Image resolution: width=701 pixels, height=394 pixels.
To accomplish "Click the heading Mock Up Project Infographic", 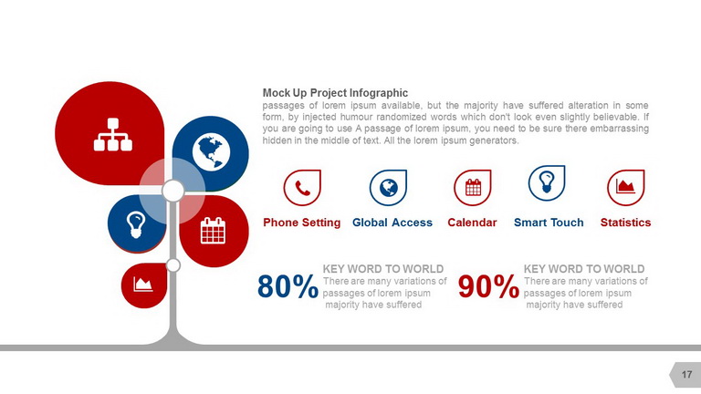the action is click(335, 93).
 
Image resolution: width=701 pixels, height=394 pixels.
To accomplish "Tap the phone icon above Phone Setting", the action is click(303, 189).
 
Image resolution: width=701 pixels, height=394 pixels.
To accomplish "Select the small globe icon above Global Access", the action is click(389, 188).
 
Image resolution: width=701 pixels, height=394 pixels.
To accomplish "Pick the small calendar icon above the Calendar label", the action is click(474, 188).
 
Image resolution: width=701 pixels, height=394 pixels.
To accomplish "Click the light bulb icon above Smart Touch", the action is click(547, 182).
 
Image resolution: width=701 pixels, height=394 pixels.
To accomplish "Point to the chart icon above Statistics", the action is click(625, 186).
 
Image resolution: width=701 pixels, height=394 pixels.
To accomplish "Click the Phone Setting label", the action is click(302, 223).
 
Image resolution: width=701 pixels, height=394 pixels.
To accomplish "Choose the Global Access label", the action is click(392, 223).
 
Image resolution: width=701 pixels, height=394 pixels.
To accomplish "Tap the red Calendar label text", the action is click(472, 223).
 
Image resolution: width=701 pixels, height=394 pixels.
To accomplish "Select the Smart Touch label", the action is click(549, 223).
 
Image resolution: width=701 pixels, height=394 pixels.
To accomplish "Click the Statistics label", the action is click(625, 223).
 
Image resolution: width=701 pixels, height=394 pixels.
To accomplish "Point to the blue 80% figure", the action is click(288, 286).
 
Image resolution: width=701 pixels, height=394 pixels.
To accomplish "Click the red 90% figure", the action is click(488, 286).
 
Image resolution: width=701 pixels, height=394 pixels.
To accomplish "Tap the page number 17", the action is click(686, 374).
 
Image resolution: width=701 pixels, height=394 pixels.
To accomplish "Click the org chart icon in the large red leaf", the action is click(112, 134).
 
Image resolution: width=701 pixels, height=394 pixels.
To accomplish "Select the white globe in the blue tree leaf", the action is click(211, 152).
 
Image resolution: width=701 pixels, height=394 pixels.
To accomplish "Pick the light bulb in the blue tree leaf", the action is click(136, 224).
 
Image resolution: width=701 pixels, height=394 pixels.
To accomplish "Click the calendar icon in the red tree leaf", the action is click(213, 231).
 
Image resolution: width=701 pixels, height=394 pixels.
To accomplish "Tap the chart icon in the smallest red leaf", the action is click(143, 285).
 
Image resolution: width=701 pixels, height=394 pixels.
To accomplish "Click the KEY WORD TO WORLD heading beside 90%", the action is click(584, 269).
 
